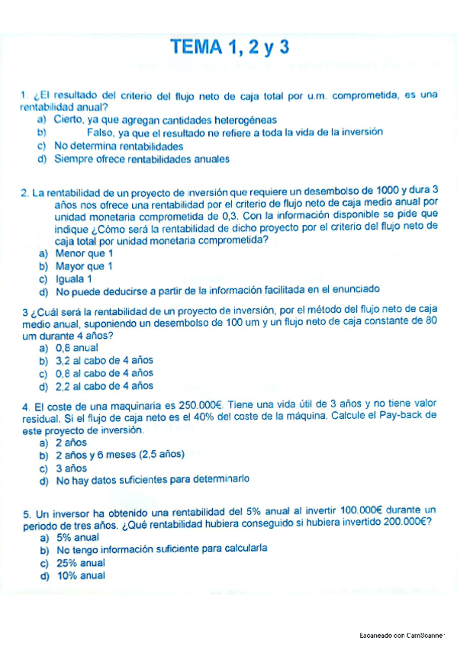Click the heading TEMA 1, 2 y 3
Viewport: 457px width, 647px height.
tap(230, 47)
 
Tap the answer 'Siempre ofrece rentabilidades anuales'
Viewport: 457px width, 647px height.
tap(141, 159)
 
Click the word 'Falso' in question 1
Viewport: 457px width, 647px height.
tap(102, 132)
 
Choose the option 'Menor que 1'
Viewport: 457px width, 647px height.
tap(84, 253)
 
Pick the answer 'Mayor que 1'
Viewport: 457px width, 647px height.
tap(84, 266)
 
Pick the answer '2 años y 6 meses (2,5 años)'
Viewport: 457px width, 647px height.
tap(120, 455)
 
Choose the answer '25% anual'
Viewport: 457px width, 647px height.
tap(80, 562)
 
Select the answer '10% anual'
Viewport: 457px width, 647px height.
tap(80, 575)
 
